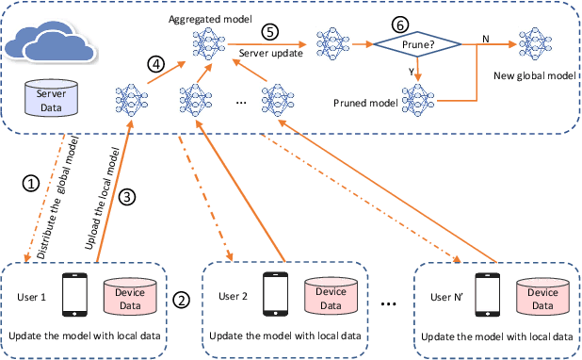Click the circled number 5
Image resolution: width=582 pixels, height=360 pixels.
[270, 31]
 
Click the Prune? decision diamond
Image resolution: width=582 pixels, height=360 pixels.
[417, 43]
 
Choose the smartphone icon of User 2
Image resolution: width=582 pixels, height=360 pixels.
[275, 297]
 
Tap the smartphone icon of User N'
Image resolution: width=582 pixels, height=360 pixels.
[486, 297]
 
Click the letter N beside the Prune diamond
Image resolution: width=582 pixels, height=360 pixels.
[485, 37]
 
